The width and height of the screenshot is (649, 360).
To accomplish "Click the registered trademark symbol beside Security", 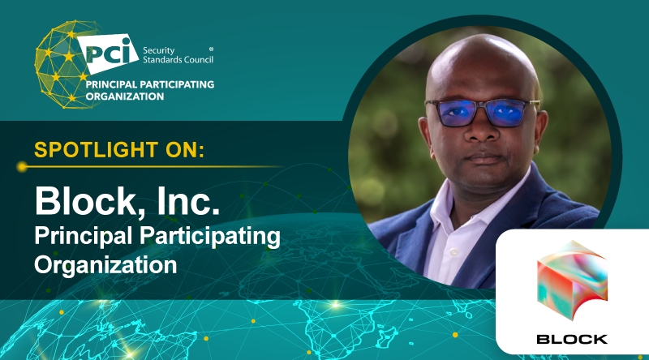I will (212, 48).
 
